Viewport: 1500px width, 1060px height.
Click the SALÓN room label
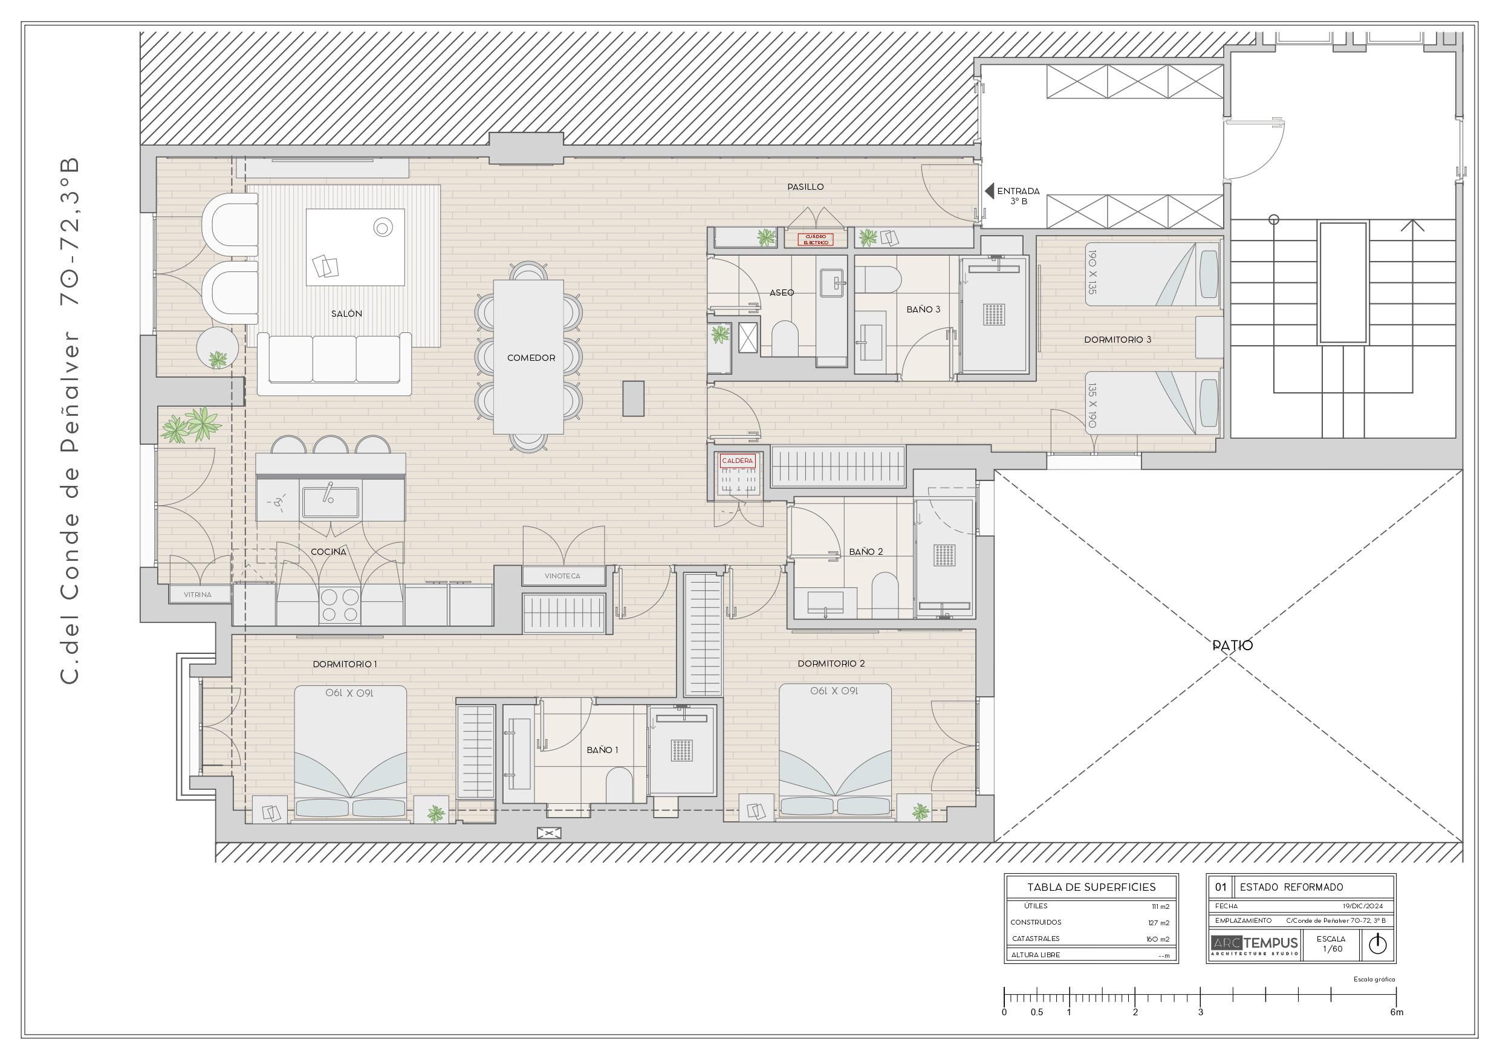(346, 314)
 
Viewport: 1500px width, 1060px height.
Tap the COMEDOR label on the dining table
(531, 358)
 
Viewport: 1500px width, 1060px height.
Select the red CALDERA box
(737, 461)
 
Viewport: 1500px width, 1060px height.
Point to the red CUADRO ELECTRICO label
(816, 240)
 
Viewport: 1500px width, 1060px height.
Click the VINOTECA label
(562, 576)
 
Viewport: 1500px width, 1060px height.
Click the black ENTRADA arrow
(989, 191)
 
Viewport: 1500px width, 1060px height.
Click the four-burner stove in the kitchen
(340, 606)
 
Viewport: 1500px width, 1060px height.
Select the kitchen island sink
(330, 501)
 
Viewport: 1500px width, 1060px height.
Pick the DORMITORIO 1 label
(345, 664)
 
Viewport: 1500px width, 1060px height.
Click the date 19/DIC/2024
(1363, 906)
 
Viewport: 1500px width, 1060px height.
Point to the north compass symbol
(1378, 945)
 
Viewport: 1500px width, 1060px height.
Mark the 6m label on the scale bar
(1397, 1012)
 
